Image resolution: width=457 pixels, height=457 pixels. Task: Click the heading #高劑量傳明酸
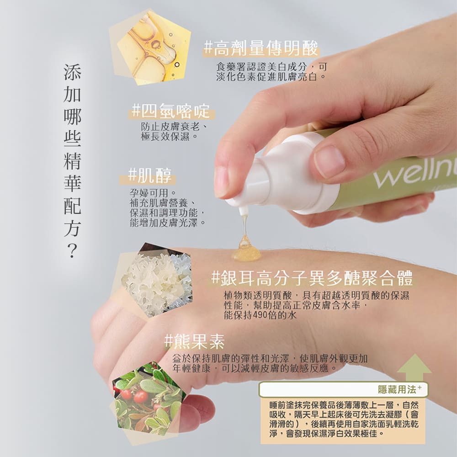click(261, 48)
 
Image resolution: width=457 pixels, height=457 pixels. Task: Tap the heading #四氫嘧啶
click(171, 111)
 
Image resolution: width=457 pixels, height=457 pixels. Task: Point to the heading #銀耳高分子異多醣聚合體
click(313, 278)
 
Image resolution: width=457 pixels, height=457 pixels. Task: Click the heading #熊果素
click(194, 341)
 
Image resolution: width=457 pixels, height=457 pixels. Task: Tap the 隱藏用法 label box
click(343, 389)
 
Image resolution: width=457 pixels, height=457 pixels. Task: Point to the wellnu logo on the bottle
click(415, 174)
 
